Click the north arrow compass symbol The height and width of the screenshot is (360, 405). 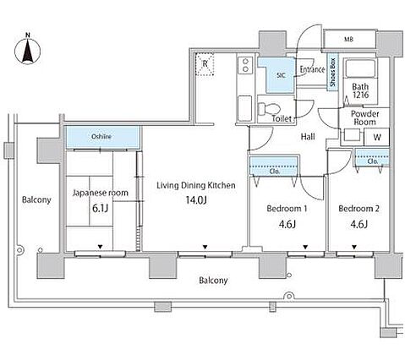click(27, 50)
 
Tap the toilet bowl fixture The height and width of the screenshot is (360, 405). click(269, 108)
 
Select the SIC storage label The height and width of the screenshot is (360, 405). click(281, 75)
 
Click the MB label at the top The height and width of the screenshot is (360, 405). click(348, 40)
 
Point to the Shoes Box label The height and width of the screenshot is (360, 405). click(333, 72)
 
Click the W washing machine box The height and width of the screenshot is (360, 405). click(377, 137)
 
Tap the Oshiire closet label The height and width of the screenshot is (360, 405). click(101, 137)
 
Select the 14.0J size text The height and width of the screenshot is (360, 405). click(196, 200)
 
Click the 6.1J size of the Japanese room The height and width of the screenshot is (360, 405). click(101, 209)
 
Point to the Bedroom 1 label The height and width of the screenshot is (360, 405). click(287, 209)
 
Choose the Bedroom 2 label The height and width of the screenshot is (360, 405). click(358, 209)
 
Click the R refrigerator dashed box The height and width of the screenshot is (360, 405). click(205, 64)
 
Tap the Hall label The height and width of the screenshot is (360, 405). click(308, 137)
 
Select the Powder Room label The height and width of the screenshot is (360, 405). click(364, 118)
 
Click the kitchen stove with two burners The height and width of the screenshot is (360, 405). click(245, 65)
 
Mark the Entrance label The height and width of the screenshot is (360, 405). click(312, 69)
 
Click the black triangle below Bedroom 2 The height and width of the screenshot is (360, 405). click(354, 247)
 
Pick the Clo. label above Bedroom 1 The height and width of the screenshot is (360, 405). click(274, 172)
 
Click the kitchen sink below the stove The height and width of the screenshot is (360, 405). click(244, 109)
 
